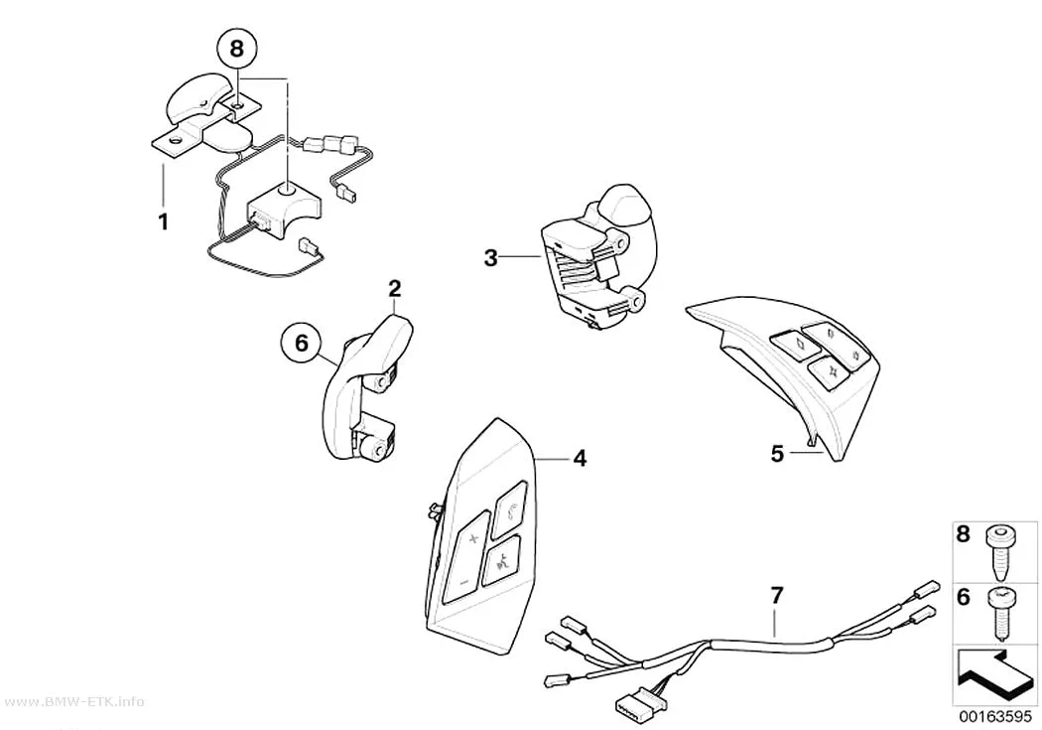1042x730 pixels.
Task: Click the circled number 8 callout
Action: tap(236, 48)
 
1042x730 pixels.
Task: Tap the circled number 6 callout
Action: tap(301, 343)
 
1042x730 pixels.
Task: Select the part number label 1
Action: tap(163, 221)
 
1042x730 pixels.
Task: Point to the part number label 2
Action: tap(395, 289)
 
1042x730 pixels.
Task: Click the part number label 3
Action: tap(490, 257)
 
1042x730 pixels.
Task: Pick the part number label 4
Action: tap(580, 458)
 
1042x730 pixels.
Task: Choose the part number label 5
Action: tap(777, 454)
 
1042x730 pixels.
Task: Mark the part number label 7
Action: tap(777, 596)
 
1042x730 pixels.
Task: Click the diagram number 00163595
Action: tap(995, 717)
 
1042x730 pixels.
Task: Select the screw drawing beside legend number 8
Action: tap(998, 551)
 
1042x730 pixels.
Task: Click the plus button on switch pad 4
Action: tap(473, 538)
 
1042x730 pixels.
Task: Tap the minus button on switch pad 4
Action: tap(463, 582)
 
